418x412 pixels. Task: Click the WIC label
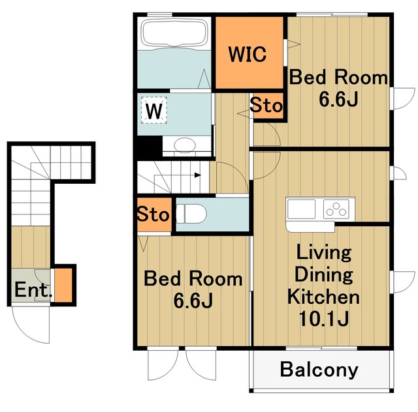click(x=248, y=54)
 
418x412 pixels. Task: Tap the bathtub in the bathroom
click(x=174, y=33)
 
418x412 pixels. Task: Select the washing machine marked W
click(x=154, y=110)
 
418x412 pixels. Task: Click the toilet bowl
click(x=191, y=214)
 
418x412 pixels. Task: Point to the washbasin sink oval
click(x=185, y=145)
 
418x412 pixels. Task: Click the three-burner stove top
click(x=336, y=209)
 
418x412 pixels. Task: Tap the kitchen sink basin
click(x=301, y=209)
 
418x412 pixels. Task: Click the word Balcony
click(x=319, y=370)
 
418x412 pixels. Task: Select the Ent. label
click(x=33, y=289)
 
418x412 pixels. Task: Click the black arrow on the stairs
click(x=197, y=175)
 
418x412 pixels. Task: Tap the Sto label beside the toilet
click(x=153, y=214)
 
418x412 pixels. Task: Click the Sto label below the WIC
click(x=266, y=106)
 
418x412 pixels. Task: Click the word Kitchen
click(x=323, y=297)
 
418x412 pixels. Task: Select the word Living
click(x=324, y=254)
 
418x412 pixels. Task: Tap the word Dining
click(x=324, y=275)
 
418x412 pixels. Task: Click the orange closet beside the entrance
click(x=63, y=285)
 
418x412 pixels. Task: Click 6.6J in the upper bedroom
click(x=338, y=100)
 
